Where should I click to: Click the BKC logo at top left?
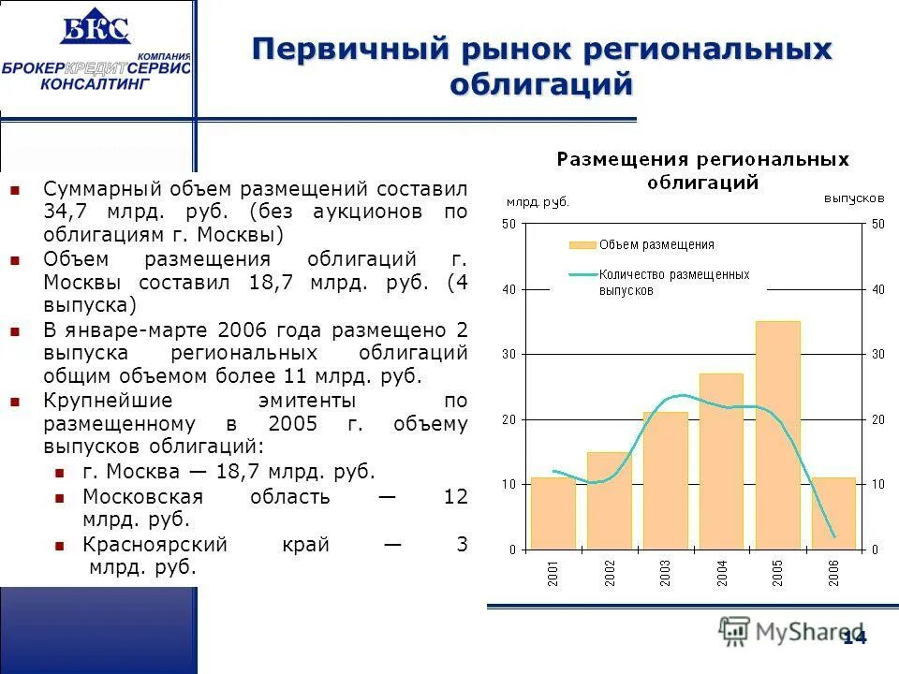point(95,30)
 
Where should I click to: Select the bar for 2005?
point(777,435)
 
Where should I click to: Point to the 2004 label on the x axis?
point(722,573)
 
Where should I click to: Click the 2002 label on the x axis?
point(610,573)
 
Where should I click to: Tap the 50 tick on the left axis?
point(508,224)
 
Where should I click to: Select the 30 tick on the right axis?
point(877,354)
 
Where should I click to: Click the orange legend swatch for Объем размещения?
point(582,245)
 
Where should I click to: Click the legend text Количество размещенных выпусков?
point(674,283)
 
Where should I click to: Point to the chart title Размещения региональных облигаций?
point(702,170)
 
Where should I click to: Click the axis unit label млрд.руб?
point(537,201)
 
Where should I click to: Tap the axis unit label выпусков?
point(854,198)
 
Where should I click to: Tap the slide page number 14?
point(854,637)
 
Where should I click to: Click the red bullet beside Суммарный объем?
point(15,189)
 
